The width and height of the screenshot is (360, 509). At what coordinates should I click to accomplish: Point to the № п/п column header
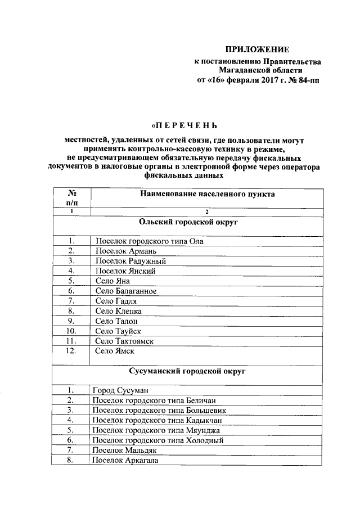71,198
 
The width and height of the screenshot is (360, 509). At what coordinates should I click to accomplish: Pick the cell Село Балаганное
125,291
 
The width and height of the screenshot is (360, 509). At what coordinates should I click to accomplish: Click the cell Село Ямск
114,351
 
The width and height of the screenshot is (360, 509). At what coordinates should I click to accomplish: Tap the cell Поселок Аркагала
124,460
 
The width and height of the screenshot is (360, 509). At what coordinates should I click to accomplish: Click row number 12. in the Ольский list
71,351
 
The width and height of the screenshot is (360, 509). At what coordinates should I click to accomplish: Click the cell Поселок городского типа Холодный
157,440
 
